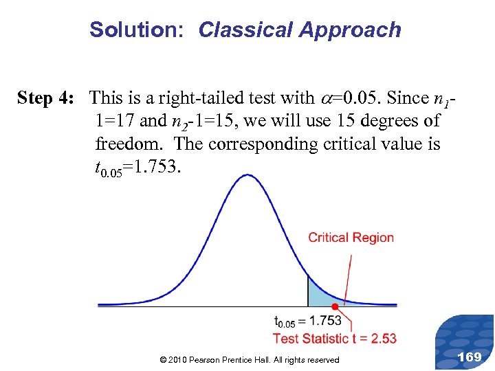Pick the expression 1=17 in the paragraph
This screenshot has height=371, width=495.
[114, 122]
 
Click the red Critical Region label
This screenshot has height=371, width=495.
[351, 238]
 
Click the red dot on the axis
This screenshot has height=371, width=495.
[334, 306]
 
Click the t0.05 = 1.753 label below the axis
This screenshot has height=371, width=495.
[307, 321]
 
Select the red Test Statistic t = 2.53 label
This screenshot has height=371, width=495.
[334, 338]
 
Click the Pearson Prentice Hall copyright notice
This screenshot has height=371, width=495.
[249, 360]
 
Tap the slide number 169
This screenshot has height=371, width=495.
[470, 357]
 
